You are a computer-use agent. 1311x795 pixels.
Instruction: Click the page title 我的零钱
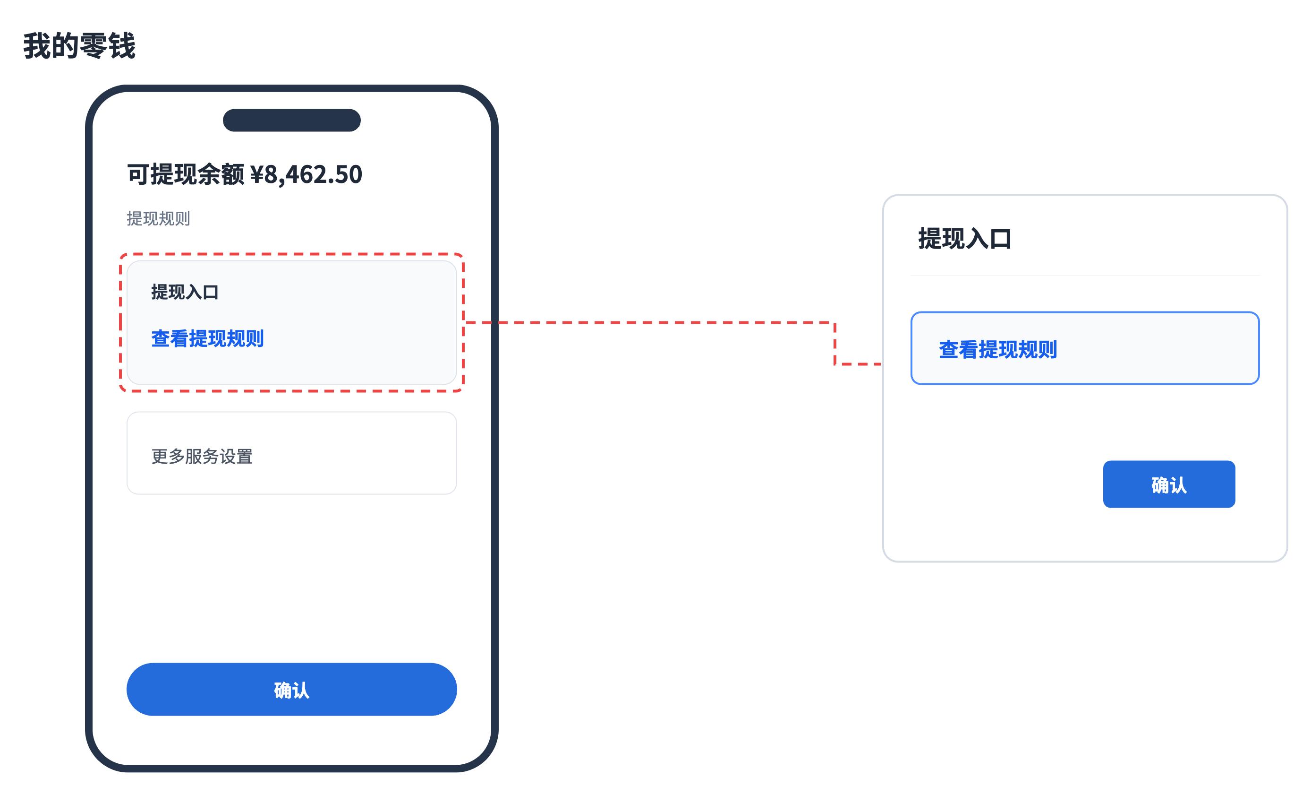point(79,46)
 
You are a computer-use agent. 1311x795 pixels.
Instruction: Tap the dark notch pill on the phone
point(291,121)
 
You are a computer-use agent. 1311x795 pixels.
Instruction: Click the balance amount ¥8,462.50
point(306,174)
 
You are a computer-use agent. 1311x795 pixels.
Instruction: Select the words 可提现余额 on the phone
point(186,174)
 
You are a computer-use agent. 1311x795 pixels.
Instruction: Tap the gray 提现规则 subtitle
point(159,218)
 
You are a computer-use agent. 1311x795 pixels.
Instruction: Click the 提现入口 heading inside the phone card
point(185,292)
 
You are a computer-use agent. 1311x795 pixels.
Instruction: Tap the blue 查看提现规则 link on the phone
point(207,338)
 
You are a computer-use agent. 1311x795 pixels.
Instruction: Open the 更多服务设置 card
point(291,453)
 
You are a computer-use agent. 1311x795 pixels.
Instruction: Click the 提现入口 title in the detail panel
point(965,238)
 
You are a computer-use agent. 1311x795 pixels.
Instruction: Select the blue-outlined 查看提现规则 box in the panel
point(1085,348)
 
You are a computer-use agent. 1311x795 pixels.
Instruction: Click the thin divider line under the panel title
point(1085,275)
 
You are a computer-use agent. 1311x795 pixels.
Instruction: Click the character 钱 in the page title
point(122,46)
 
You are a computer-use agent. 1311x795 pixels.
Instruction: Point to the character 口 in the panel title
point(1000,239)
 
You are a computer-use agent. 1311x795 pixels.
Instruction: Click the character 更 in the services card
point(160,456)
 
